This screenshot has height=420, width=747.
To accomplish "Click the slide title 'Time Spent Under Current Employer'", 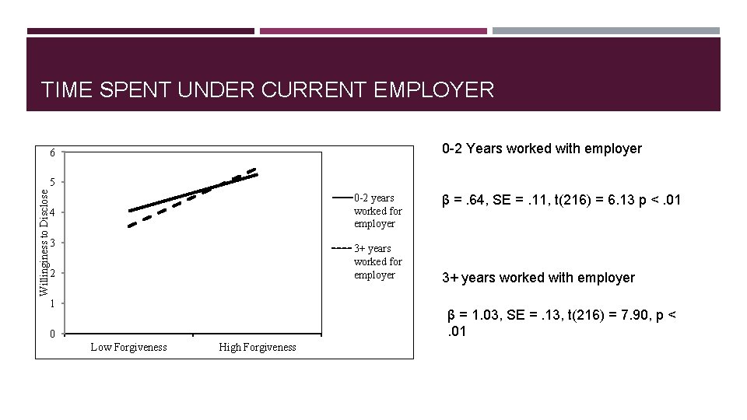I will [268, 89].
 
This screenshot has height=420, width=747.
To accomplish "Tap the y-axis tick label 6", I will [52, 153].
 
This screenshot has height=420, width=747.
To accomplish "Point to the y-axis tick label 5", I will [52, 183].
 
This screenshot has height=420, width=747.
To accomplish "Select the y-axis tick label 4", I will [52, 213].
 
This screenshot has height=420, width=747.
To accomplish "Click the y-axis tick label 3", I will [52, 243].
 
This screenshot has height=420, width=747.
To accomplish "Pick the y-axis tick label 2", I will [52, 274].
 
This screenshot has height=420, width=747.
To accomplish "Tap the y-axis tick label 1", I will [52, 304].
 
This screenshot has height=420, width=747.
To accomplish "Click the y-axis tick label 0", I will [52, 334].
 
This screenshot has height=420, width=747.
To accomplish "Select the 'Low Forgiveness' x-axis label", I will [128, 347].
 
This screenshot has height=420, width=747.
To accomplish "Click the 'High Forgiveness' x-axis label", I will [258, 347].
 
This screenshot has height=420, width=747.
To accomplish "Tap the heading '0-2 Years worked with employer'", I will [542, 149].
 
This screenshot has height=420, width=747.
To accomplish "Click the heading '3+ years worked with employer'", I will [538, 278].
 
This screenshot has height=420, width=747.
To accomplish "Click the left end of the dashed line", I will [129, 226].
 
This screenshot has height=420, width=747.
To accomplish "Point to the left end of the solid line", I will [129, 211].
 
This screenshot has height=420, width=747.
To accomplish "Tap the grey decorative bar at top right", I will [606, 31].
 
